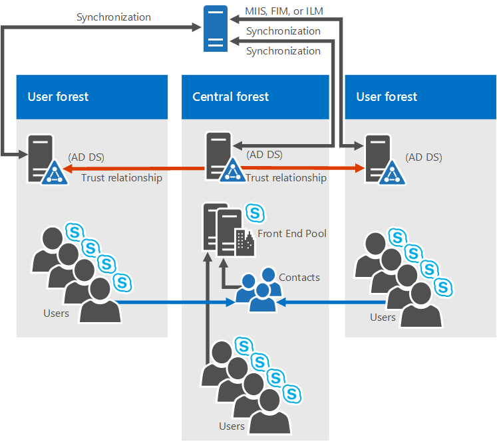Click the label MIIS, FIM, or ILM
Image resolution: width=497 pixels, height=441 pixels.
click(x=284, y=11)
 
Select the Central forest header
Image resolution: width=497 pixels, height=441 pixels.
click(x=230, y=97)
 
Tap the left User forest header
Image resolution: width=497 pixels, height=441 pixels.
click(x=58, y=97)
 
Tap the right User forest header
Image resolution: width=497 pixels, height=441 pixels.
click(x=387, y=97)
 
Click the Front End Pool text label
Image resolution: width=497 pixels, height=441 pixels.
click(x=292, y=233)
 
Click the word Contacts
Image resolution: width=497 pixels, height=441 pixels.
click(x=299, y=277)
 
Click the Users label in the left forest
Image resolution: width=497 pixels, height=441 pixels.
click(x=56, y=313)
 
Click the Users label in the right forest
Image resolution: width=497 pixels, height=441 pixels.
click(x=383, y=317)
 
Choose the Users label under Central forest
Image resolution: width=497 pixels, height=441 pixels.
click(x=232, y=426)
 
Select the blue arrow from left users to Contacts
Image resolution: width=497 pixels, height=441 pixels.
click(x=176, y=302)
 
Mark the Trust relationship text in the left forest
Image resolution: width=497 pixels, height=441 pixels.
click(x=122, y=177)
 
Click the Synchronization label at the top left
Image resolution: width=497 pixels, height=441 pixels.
click(x=114, y=17)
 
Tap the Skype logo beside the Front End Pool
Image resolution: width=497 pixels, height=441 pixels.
click(x=255, y=213)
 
